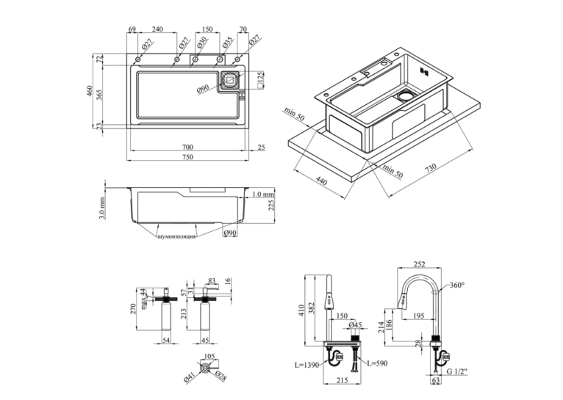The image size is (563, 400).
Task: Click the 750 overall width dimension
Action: click(x=187, y=157)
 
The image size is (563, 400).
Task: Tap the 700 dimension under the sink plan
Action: click(x=187, y=147)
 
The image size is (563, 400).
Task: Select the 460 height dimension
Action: click(x=90, y=91)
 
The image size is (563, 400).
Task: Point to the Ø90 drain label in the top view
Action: click(x=203, y=89)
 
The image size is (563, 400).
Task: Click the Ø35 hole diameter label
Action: click(x=227, y=43)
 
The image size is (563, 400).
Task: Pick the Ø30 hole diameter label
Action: click(x=202, y=43)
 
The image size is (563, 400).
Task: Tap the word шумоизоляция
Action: click(x=176, y=236)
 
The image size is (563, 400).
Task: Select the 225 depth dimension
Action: click(x=271, y=205)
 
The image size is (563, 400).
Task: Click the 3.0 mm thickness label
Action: click(x=101, y=208)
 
